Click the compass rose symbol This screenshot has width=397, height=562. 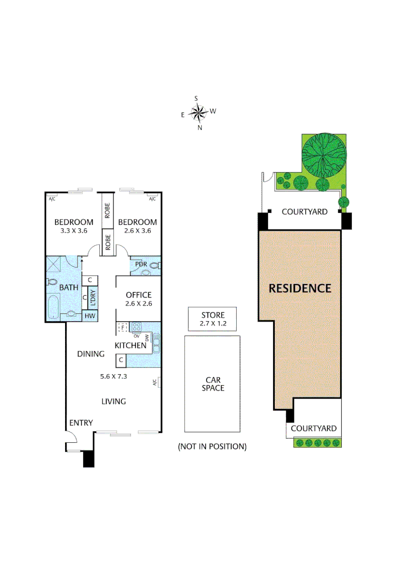(199, 111)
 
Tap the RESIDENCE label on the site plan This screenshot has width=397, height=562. (300, 288)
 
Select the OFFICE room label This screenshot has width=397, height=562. (138, 295)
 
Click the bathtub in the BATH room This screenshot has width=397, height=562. (53, 307)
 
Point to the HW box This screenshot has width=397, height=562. (89, 315)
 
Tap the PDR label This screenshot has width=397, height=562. (141, 264)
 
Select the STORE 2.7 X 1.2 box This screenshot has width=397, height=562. (212, 319)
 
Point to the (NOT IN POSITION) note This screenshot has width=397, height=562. (212, 446)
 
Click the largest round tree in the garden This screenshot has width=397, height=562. (324, 155)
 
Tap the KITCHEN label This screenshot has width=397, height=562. (130, 346)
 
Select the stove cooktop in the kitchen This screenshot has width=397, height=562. (137, 328)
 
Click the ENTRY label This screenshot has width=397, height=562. (81, 423)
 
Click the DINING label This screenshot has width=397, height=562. (91, 354)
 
